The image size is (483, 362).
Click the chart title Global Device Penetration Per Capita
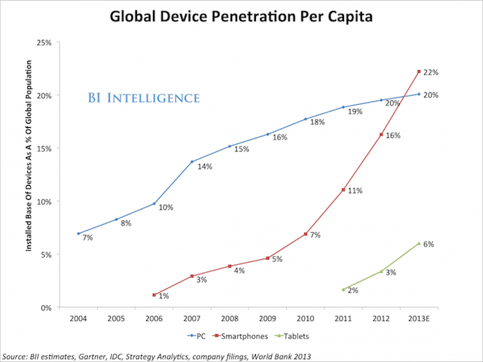[241, 15]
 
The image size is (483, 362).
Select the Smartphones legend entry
[248, 336]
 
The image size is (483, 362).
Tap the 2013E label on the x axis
[419, 320]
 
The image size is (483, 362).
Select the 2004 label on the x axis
[78, 320]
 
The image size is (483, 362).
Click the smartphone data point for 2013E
[419, 71]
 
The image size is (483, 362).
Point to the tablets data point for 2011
[343, 289]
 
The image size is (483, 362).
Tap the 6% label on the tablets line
[429, 245]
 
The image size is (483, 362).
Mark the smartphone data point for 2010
[305, 233]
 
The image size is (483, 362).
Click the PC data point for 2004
[78, 233]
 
